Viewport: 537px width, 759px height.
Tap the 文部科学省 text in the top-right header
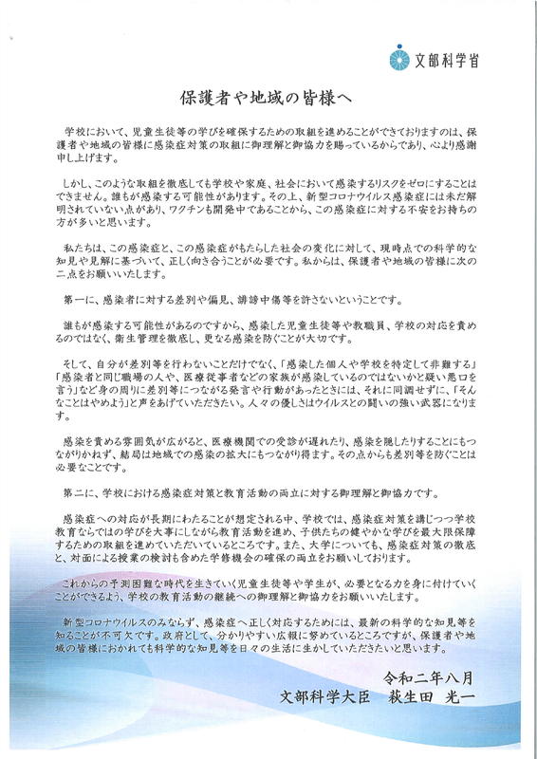tap(447, 59)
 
